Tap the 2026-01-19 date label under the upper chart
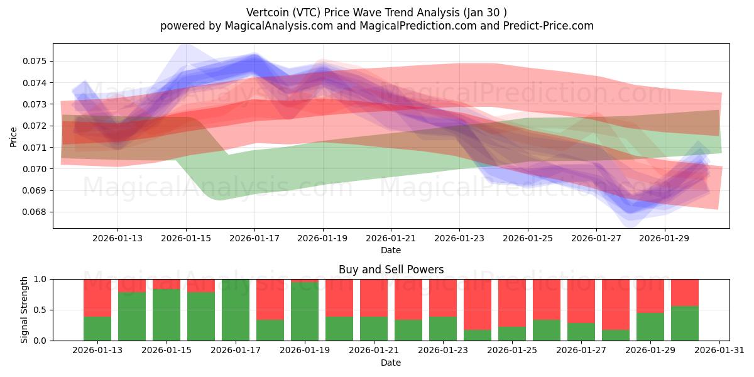coord(323,238)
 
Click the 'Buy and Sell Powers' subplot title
coord(391,270)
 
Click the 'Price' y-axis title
coord(14,136)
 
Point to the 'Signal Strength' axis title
coord(25,310)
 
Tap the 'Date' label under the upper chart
coord(391,250)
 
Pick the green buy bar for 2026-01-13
coord(97,328)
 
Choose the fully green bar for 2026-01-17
coord(236,310)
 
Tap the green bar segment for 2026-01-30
coord(685,323)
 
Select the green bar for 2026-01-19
coord(305,311)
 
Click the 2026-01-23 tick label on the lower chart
coord(442,351)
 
